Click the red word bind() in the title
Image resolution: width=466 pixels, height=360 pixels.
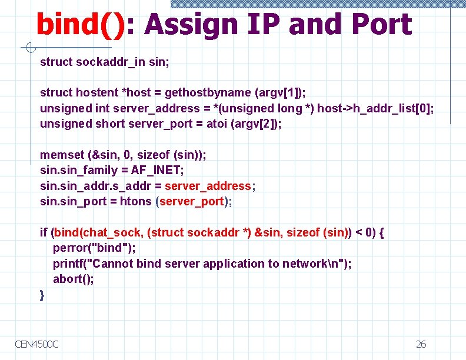[x=80, y=25]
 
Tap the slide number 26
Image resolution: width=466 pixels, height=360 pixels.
[x=421, y=344]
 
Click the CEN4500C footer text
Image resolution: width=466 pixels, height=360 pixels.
[x=37, y=344]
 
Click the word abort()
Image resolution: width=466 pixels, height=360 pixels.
[x=74, y=279]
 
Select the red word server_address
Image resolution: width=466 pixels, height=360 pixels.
[x=208, y=186]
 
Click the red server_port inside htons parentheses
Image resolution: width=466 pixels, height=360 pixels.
[x=192, y=201]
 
